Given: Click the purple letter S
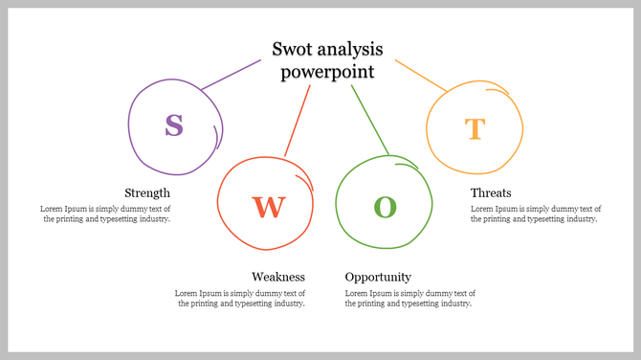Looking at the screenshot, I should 173,125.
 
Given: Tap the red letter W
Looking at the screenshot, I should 268,206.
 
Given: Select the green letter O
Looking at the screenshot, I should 385,206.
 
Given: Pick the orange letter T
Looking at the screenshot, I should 475,129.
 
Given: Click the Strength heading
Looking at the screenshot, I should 147,192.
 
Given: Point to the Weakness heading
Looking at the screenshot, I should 278,277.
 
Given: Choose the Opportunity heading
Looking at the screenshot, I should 378,277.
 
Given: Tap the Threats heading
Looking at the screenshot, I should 491,192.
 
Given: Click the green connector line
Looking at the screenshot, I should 369,119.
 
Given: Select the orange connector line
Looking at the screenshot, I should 421,76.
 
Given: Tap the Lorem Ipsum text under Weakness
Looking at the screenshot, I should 240,298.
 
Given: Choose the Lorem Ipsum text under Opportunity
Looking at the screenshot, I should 410,298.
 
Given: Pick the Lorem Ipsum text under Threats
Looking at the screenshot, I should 536,214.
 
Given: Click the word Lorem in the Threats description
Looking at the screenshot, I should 482,209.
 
